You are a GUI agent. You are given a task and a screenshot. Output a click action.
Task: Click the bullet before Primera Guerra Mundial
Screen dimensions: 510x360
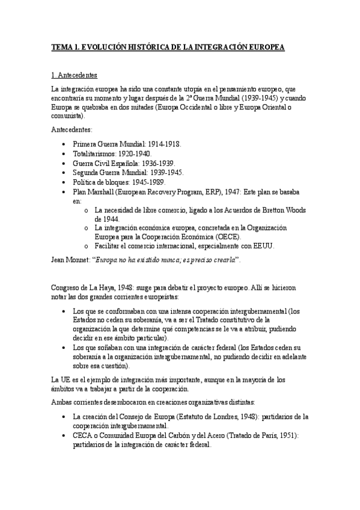pos(65,145)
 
